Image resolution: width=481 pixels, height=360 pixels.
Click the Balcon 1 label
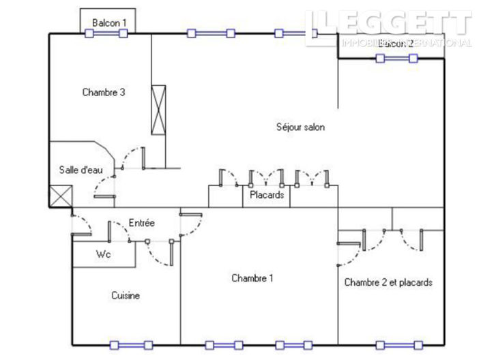tap(109, 22)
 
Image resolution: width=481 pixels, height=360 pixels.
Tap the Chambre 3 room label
tap(103, 93)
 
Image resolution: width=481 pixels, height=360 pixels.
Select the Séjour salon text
tap(300, 127)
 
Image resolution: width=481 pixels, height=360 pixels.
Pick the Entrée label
tap(142, 223)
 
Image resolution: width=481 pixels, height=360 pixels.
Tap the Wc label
tap(103, 254)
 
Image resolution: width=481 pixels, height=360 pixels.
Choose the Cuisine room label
tap(126, 295)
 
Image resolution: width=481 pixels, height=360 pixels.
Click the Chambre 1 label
tap(252, 277)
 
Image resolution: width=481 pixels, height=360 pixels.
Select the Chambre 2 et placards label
tap(388, 282)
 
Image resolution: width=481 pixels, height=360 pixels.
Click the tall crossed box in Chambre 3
tap(158, 110)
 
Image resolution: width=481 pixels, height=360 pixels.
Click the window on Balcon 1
tap(106, 33)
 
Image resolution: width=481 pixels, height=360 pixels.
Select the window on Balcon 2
tap(397, 59)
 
